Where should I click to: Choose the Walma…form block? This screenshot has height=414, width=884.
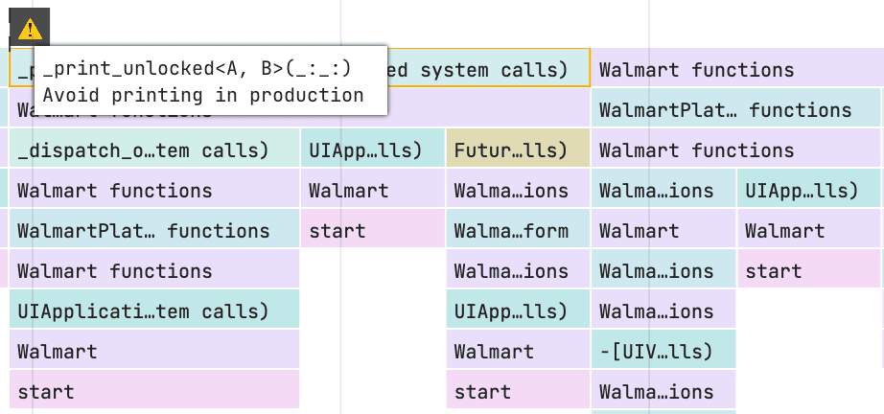pos(517,231)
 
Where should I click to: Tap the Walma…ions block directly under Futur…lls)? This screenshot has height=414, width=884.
pos(517,191)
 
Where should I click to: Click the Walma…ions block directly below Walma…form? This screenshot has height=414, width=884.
pos(517,271)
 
